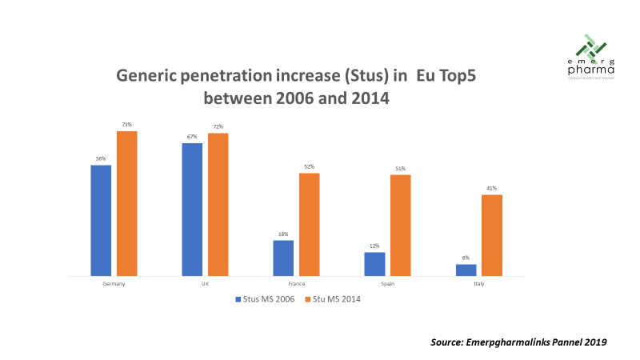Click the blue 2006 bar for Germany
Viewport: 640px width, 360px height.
click(x=101, y=221)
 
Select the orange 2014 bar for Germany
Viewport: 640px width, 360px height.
click(x=127, y=203)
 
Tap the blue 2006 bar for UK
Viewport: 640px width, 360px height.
click(x=192, y=210)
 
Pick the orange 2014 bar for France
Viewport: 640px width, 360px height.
click(x=310, y=224)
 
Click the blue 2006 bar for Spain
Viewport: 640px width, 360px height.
click(x=374, y=264)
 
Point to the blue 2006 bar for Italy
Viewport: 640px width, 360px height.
click(x=466, y=270)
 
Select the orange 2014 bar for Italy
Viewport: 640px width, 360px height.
click(x=492, y=235)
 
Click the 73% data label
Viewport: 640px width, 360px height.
click(x=127, y=125)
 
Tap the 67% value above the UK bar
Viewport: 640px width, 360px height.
click(x=192, y=137)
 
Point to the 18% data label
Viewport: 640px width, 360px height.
click(x=283, y=234)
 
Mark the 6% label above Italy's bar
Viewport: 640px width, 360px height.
click(x=466, y=258)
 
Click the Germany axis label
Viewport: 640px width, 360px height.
click(x=114, y=284)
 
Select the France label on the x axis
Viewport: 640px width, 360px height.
click(x=296, y=284)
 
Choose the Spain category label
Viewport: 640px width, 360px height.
click(x=387, y=284)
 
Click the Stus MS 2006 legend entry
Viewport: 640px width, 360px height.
click(x=265, y=300)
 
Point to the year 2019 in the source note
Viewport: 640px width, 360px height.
click(x=593, y=342)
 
